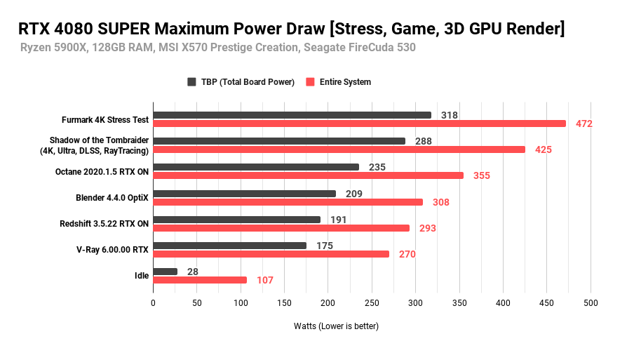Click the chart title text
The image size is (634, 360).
pos(291,29)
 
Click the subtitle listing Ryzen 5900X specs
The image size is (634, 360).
pos(218,48)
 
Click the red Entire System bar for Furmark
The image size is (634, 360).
pos(359,124)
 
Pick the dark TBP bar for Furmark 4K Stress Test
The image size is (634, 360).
pos(292,115)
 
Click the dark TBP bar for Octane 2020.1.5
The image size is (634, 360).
pos(256,167)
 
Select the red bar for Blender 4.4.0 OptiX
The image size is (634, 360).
pos(288,202)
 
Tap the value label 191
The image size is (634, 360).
pos(338,220)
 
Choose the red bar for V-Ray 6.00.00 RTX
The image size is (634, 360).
pos(271,254)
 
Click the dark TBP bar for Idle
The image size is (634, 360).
pos(165,272)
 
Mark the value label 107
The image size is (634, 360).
pos(264,280)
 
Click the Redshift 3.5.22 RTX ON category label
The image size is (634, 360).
pos(104,224)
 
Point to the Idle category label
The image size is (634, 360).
pos(142,276)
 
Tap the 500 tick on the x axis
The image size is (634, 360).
pos(591,303)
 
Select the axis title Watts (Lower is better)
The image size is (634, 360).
pos(336,326)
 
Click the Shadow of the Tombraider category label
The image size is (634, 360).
pos(99,145)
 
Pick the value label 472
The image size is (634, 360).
pos(584,124)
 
